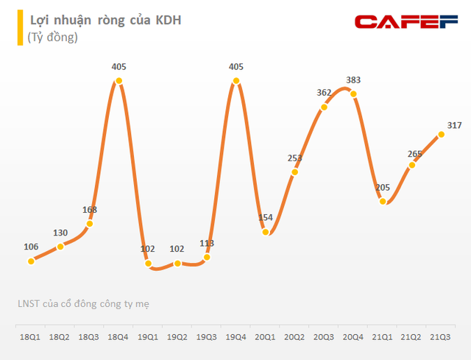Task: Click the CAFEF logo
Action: (x=407, y=21)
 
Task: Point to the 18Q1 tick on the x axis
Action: (x=30, y=336)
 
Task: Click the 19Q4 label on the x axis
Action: (x=235, y=336)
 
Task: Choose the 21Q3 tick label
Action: (x=441, y=336)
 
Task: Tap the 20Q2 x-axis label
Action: (x=294, y=336)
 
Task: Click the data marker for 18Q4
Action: (x=118, y=80)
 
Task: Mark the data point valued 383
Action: (x=353, y=93)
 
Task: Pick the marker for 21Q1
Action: (x=383, y=200)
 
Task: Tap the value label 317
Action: (x=453, y=125)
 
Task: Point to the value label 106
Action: (x=30, y=247)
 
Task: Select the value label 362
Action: (x=324, y=93)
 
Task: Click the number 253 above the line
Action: (x=294, y=158)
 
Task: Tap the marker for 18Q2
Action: (x=60, y=247)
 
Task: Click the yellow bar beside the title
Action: (x=20, y=28)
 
